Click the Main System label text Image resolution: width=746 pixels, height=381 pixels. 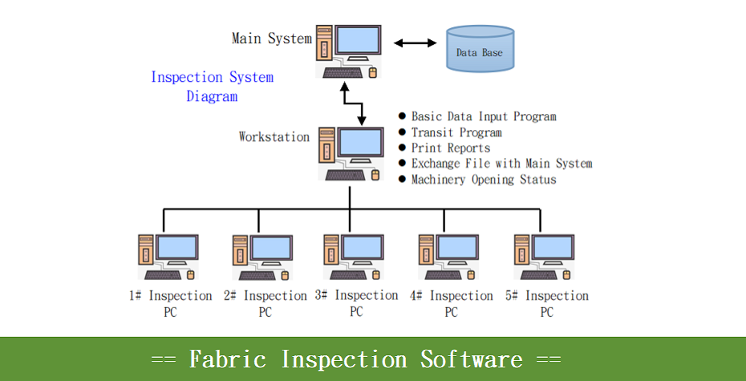pos(272,39)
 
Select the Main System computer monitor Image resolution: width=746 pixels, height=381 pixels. pos(358,42)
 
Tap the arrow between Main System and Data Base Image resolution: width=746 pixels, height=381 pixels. pos(415,43)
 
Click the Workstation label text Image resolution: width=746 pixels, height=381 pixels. pos(274,136)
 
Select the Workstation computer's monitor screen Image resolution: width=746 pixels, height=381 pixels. pos(359,142)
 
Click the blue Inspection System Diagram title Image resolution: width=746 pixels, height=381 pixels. pos(213,86)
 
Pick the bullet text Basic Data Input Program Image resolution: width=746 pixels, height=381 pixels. pos(484,116)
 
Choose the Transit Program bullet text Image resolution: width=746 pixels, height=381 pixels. pos(456,132)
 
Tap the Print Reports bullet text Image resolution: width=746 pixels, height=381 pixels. pos(451,148)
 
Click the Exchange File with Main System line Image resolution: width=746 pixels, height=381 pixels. pos(501,164)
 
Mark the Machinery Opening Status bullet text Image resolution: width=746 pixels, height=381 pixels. pos(484,180)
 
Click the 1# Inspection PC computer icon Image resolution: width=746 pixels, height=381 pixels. pos(168,257)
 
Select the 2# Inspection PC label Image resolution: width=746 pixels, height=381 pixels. pos(266,304)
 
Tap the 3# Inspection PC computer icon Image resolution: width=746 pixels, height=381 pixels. pos(354,257)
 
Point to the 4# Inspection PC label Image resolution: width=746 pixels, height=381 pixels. pos(451,304)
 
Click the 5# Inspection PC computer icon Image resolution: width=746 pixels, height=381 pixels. pos(545,257)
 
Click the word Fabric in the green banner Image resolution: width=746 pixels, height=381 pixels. pos(228,359)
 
